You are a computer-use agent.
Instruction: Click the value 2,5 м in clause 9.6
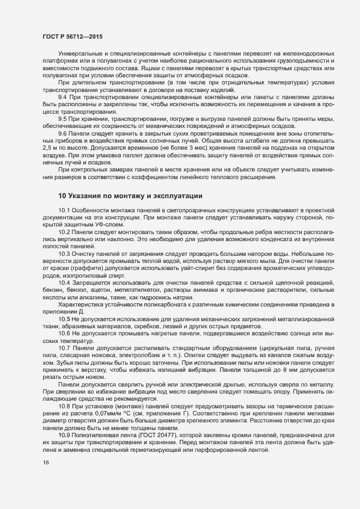pos(51,147)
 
